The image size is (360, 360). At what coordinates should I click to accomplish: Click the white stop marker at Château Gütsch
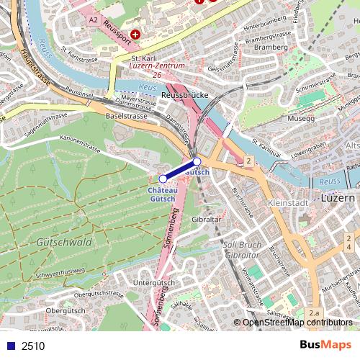[163, 178]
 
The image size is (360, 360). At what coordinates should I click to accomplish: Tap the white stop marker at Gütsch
[197, 161]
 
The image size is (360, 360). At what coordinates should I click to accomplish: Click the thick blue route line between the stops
[180, 170]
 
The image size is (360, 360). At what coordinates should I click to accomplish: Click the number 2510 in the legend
[33, 346]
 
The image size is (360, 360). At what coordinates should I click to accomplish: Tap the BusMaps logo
[325, 345]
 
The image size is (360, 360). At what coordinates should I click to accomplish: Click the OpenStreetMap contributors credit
[297, 323]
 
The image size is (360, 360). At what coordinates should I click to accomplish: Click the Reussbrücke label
[184, 94]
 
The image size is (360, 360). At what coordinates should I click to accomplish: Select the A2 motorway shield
[93, 21]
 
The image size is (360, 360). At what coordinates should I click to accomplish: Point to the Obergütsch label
[65, 310]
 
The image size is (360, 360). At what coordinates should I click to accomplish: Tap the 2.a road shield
[314, 313]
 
